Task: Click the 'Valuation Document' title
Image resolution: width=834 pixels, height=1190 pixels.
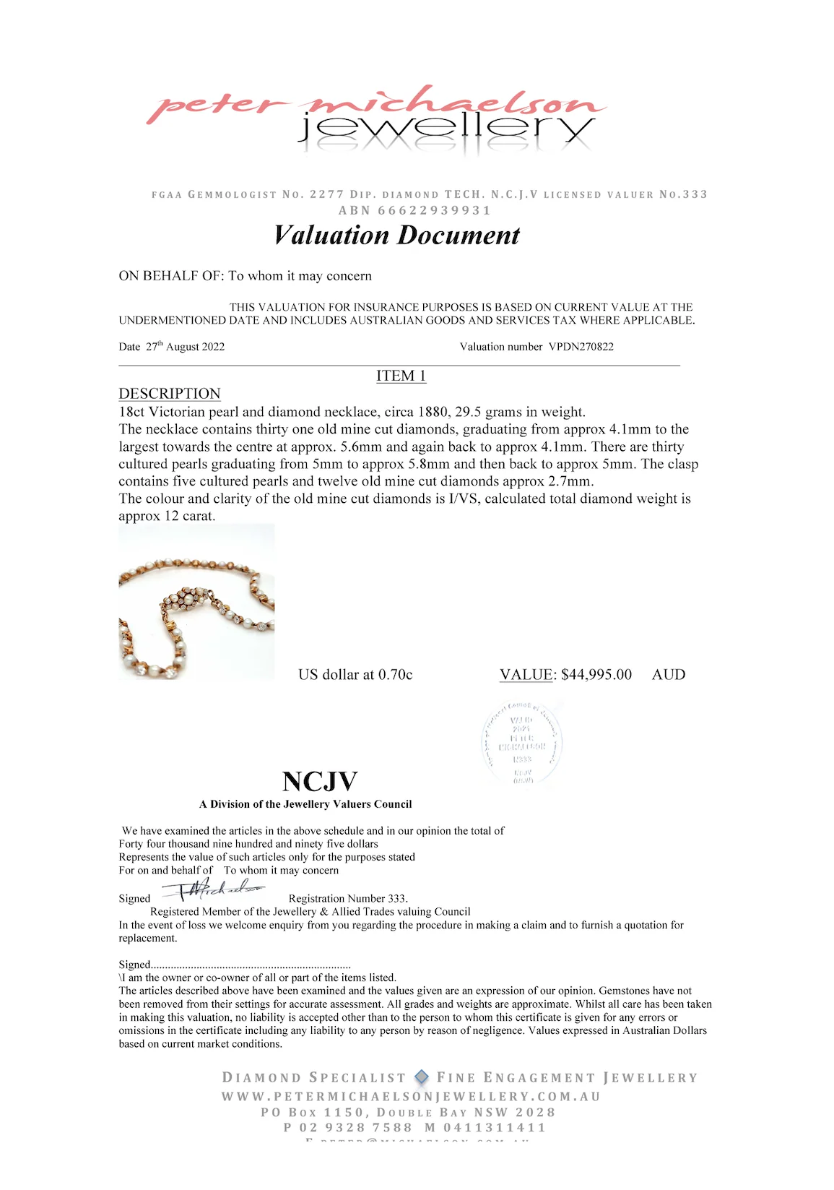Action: coord(396,236)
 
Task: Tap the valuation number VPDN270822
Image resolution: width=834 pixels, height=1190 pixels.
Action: coord(581,347)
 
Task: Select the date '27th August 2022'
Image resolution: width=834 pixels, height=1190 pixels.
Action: coord(185,347)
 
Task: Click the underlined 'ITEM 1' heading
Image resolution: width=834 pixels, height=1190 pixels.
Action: coord(401,376)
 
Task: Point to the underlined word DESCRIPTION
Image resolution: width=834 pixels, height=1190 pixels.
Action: coord(170,394)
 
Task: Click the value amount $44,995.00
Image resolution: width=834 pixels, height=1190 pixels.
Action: coord(596,675)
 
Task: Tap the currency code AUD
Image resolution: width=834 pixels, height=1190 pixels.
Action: coord(669,675)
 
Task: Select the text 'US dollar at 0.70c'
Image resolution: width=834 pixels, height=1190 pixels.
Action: coord(355,675)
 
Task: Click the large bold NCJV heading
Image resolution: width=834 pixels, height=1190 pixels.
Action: coord(320,782)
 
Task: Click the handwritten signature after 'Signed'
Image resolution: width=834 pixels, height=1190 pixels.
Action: coord(214,889)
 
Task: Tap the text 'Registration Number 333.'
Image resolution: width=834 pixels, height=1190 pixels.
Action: coord(348,899)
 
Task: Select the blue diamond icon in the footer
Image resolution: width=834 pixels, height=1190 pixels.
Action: coord(422,1077)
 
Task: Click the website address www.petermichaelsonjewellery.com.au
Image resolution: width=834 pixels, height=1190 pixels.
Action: coord(411,1096)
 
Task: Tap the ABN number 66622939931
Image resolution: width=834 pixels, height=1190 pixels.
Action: coord(434,210)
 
